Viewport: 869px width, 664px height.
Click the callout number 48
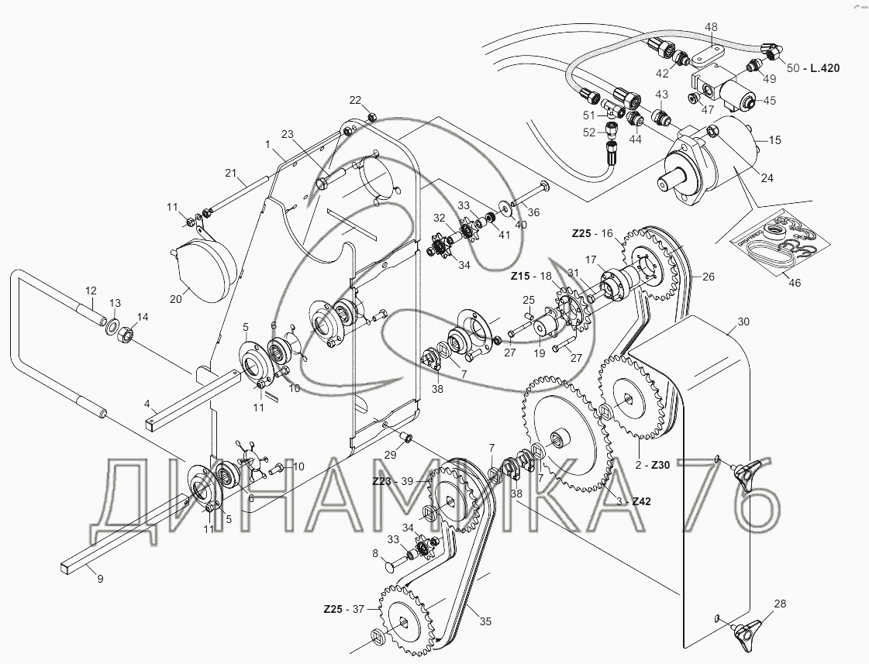pos(711,26)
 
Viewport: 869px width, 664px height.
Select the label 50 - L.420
pos(813,68)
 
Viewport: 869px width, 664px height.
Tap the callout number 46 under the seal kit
pos(794,283)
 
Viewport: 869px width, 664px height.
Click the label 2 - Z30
pos(653,465)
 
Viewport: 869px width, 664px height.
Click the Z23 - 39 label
pos(394,481)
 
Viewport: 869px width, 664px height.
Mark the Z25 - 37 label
pos(344,609)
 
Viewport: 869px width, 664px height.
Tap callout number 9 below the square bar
pos(100,580)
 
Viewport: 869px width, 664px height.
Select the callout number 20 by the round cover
pos(176,299)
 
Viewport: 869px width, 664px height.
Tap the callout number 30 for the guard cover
pos(743,322)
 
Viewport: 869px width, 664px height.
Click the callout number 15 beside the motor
pos(774,140)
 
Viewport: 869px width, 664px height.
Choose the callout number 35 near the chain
pos(485,622)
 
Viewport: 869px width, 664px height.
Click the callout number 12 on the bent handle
pos(91,291)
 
